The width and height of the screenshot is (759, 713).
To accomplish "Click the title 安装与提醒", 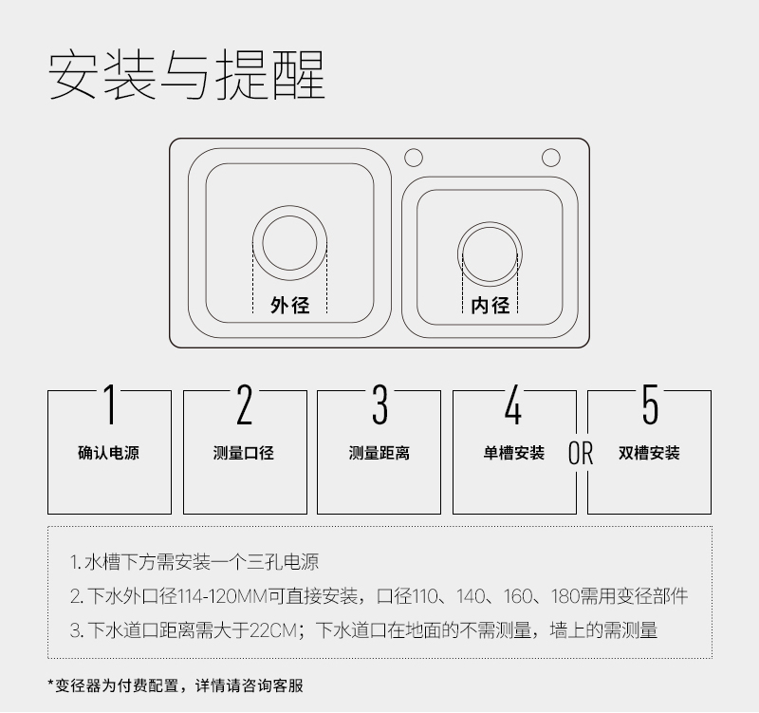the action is click(186, 75).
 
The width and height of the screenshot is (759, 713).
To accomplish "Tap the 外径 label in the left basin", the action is click(290, 305).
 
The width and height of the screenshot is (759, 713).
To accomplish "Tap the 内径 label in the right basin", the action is click(491, 305).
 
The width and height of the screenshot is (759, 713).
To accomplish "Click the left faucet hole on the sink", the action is click(414, 158).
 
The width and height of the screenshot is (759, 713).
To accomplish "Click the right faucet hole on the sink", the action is click(551, 158).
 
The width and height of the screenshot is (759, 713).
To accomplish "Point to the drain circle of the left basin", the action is click(290, 206).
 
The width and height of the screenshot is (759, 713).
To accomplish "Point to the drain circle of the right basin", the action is click(490, 222).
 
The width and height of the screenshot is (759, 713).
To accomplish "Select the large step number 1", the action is click(110, 404).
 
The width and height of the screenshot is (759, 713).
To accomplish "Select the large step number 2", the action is click(245, 404).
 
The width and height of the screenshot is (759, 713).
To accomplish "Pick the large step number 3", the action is click(379, 404).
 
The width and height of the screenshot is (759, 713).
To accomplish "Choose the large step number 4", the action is click(513, 404).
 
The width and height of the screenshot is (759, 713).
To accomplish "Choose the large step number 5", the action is click(650, 404).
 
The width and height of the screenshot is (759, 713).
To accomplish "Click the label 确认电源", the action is click(108, 453).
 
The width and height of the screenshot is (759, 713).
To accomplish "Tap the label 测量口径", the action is click(244, 453).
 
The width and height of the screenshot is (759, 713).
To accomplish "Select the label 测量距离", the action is click(379, 453).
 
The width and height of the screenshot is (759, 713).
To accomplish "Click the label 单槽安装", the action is click(513, 453).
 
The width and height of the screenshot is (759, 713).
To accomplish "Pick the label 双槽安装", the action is click(649, 453).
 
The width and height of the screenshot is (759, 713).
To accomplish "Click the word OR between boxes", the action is click(581, 453).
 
